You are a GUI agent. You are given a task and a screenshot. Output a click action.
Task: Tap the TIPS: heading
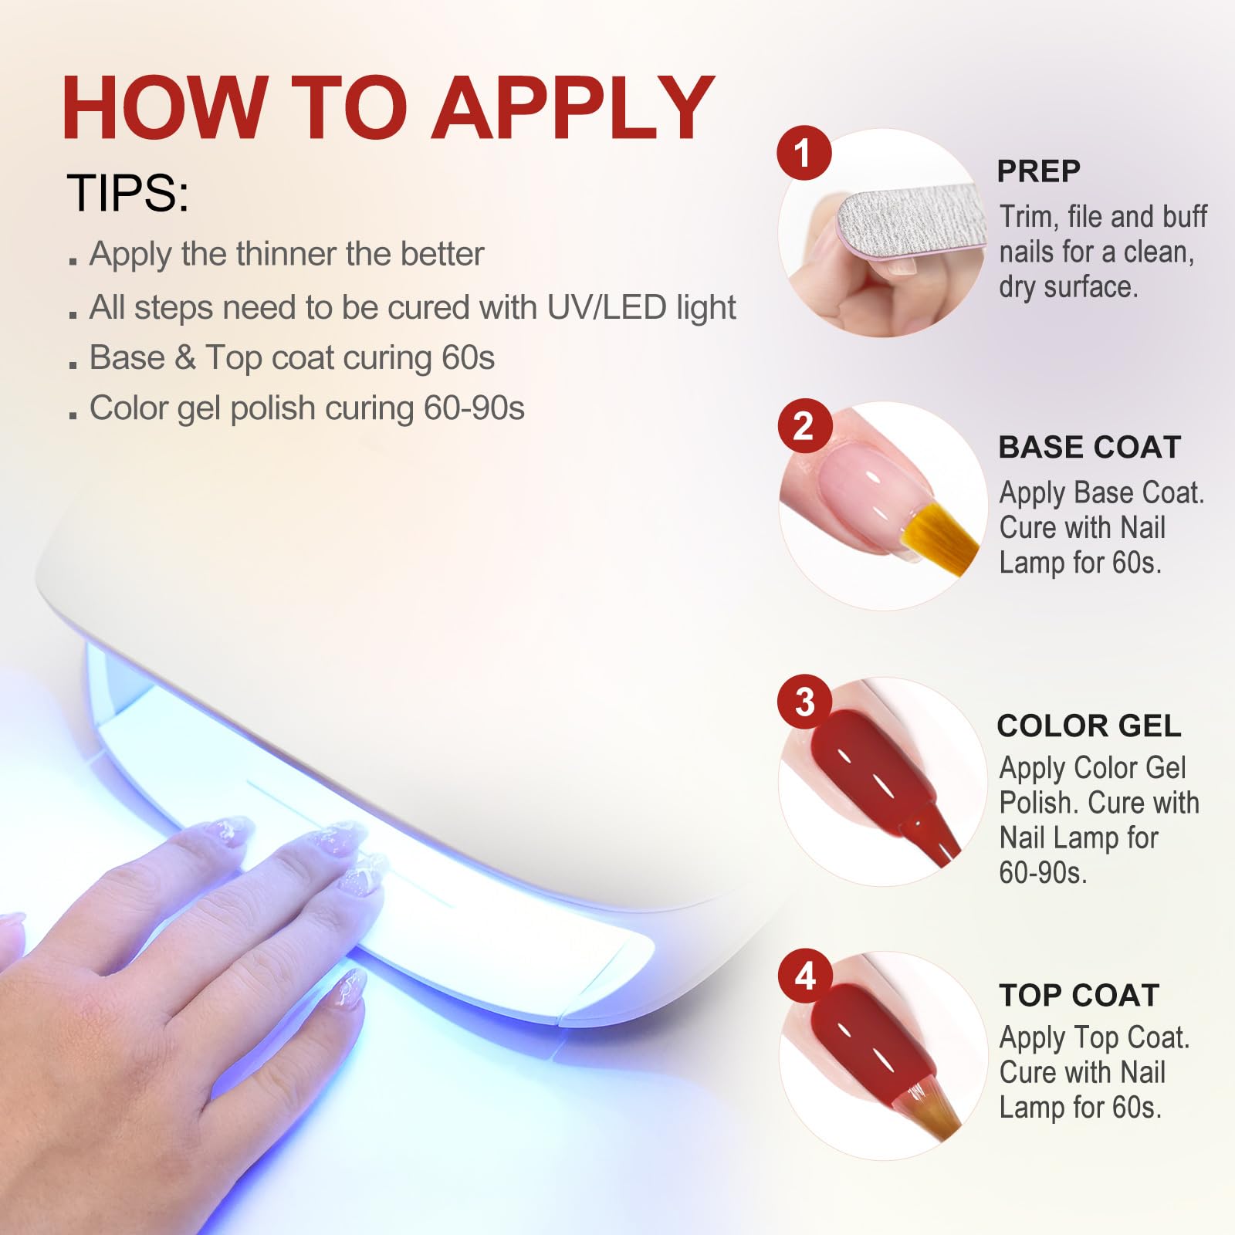127,192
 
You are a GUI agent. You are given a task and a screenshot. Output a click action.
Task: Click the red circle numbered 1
804,153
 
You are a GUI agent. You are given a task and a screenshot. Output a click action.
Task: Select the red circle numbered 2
804,426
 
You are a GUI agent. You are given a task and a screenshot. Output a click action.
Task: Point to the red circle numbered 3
804,702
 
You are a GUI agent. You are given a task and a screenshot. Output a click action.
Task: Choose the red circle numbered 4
804,976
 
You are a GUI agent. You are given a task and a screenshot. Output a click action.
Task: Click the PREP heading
1038,171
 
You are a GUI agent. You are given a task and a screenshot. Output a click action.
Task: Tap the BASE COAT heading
1090,447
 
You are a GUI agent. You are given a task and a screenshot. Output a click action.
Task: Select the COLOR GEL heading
1089,726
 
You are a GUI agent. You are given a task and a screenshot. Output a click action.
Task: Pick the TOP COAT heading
1079,995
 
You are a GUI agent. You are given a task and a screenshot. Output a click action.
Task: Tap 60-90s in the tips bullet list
474,408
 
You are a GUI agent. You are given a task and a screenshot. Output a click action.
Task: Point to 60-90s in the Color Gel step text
1043,873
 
